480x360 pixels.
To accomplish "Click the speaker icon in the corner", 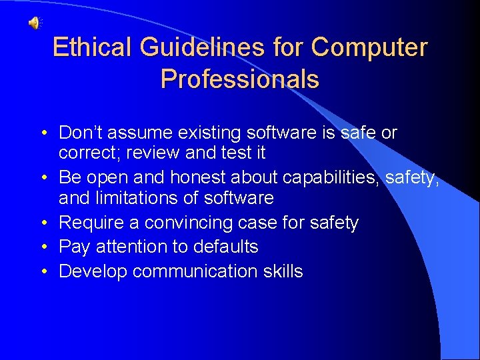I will coord(33,23).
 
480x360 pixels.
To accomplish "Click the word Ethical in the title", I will coord(93,47).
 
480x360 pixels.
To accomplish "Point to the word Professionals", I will coord(239,79).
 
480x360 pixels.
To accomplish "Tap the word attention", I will coord(132,247).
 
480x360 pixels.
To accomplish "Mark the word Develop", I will coord(93,271).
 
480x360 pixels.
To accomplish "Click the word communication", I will coord(199,271).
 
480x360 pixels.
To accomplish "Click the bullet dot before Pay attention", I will coord(42,247).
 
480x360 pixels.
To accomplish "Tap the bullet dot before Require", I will coord(42,223).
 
